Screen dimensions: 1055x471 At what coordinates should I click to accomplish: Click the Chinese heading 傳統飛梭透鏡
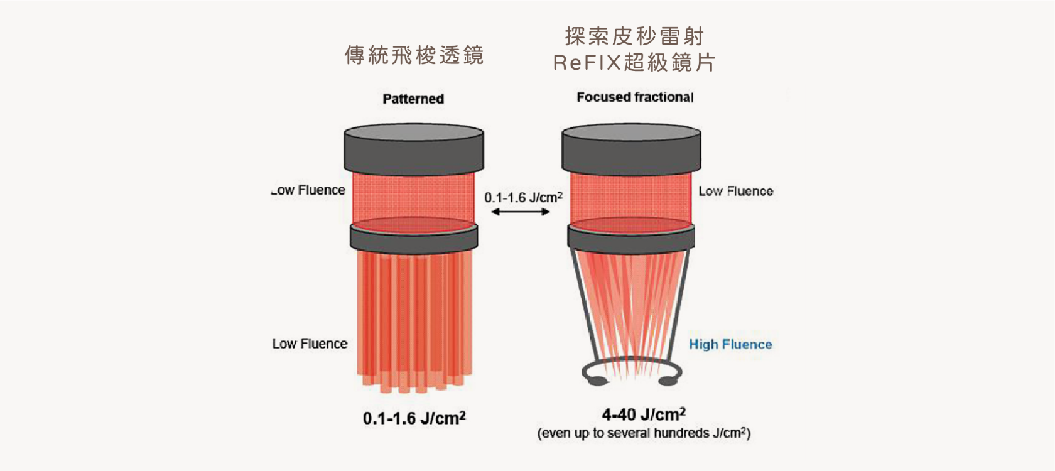pyautogui.click(x=414, y=55)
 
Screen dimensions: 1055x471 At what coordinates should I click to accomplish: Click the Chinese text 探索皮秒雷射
pyautogui.click(x=634, y=36)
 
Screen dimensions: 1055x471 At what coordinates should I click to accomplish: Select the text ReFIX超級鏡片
pyautogui.click(x=634, y=63)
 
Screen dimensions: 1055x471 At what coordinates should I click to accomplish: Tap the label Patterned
pyautogui.click(x=413, y=99)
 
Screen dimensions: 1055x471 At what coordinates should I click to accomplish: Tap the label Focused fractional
pyautogui.click(x=635, y=97)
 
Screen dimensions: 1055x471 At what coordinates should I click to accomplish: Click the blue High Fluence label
pyautogui.click(x=730, y=344)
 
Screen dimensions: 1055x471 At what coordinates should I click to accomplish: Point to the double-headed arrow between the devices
pyautogui.click(x=521, y=212)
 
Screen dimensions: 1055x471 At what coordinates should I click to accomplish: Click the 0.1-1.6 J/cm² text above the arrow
pyautogui.click(x=523, y=197)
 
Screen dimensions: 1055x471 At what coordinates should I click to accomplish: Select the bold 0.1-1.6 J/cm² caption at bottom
pyautogui.click(x=414, y=418)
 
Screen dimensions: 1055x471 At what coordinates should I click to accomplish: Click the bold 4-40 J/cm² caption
pyautogui.click(x=643, y=414)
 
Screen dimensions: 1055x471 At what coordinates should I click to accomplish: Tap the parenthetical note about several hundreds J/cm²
pyautogui.click(x=644, y=433)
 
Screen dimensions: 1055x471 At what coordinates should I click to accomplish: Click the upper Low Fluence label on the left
pyautogui.click(x=308, y=190)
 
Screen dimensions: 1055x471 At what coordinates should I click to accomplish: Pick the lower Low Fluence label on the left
pyautogui.click(x=310, y=344)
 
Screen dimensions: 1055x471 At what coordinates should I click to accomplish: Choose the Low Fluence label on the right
pyautogui.click(x=736, y=191)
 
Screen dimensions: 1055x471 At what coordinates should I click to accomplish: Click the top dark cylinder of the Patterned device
pyautogui.click(x=413, y=149)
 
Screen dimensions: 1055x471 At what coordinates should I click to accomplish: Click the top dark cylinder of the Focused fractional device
pyautogui.click(x=631, y=149)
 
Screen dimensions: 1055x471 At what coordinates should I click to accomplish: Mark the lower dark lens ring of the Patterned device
pyautogui.click(x=414, y=239)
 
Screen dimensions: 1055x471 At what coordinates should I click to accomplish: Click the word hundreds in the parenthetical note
pyautogui.click(x=690, y=433)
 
